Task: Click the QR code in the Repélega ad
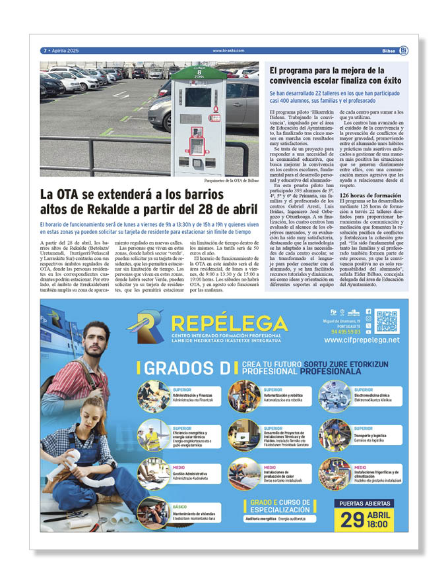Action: [x=387, y=321]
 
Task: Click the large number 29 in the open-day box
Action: [x=352, y=519]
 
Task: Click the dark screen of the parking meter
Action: [x=198, y=97]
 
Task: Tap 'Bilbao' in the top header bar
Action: [x=389, y=51]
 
